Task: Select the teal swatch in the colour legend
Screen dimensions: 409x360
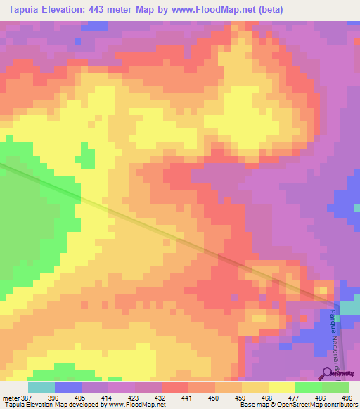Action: (x=41, y=387)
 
